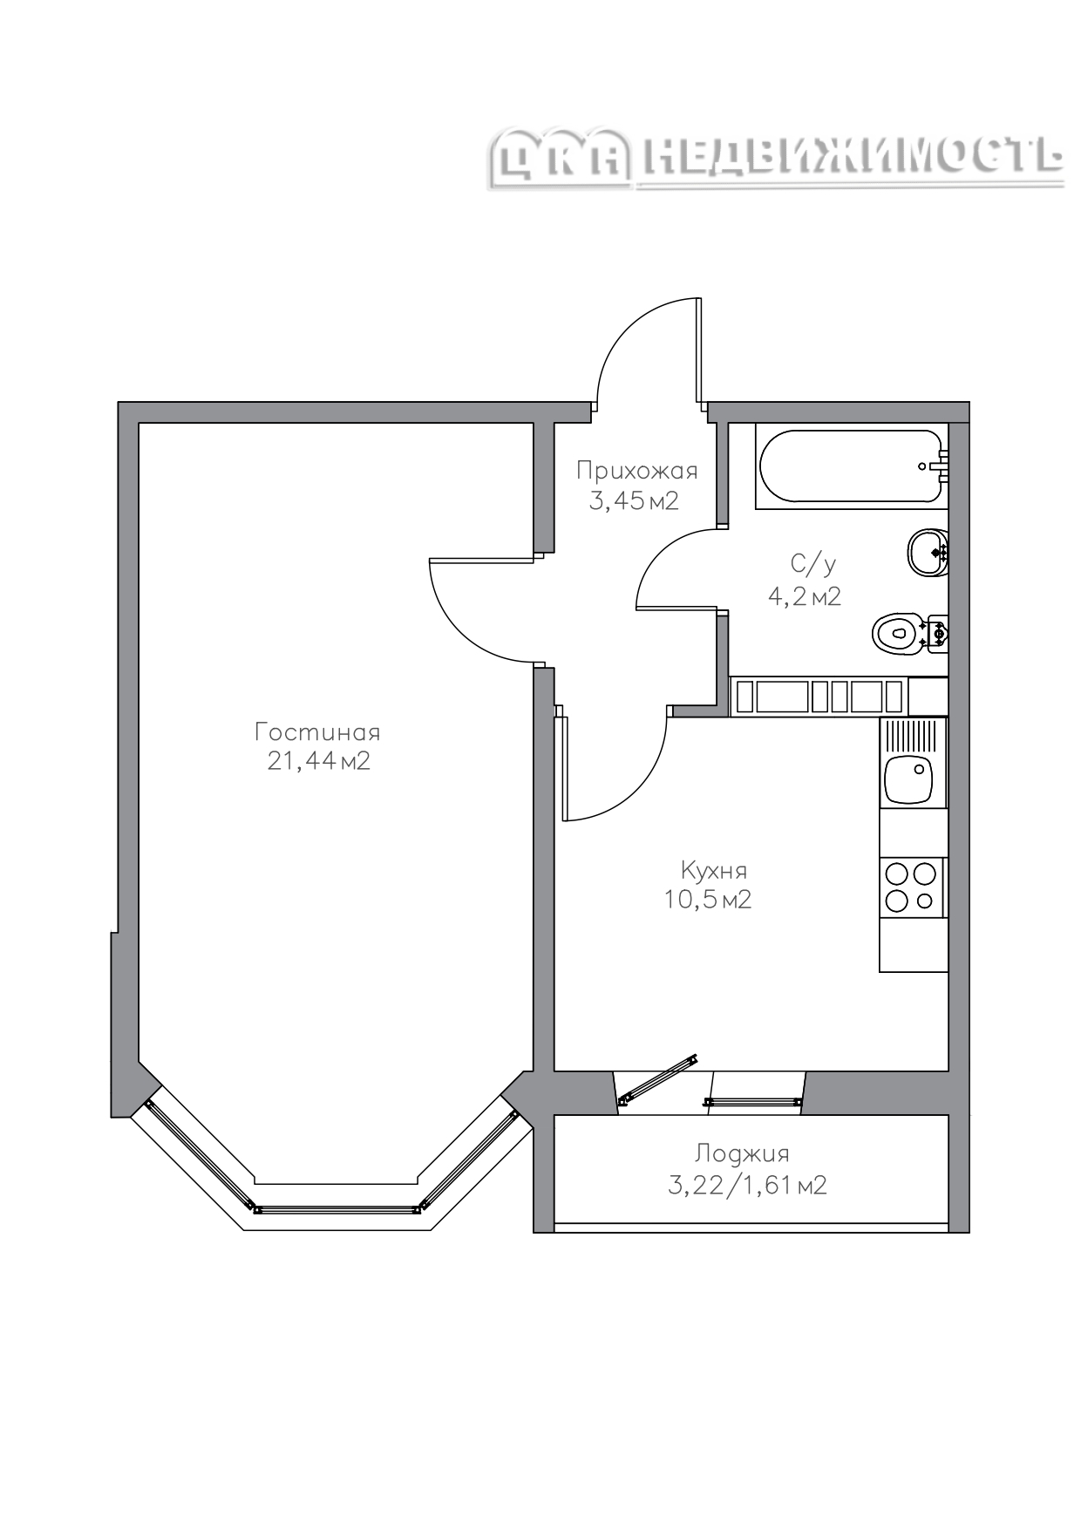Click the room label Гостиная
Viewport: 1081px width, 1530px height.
[x=317, y=731]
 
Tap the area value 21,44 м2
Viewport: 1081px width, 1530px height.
[x=319, y=761]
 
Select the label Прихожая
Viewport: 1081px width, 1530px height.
[x=637, y=472]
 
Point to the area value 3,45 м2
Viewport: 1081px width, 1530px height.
[x=634, y=501]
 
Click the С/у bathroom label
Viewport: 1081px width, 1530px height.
[x=813, y=565]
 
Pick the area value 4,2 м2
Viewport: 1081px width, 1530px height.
[x=804, y=596]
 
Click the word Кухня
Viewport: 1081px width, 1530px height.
[x=713, y=870]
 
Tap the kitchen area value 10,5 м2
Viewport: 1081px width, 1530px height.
[x=708, y=899]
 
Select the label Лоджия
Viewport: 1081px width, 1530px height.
[x=742, y=1154]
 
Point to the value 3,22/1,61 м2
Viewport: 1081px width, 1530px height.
[x=747, y=1186]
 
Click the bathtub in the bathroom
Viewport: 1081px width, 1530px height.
[x=852, y=466]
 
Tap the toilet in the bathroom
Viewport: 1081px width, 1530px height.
[x=909, y=632]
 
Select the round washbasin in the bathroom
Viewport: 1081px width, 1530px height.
[x=928, y=552]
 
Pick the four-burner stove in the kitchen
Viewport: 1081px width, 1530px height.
[x=912, y=887]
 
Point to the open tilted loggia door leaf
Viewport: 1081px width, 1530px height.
[x=658, y=1079]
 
